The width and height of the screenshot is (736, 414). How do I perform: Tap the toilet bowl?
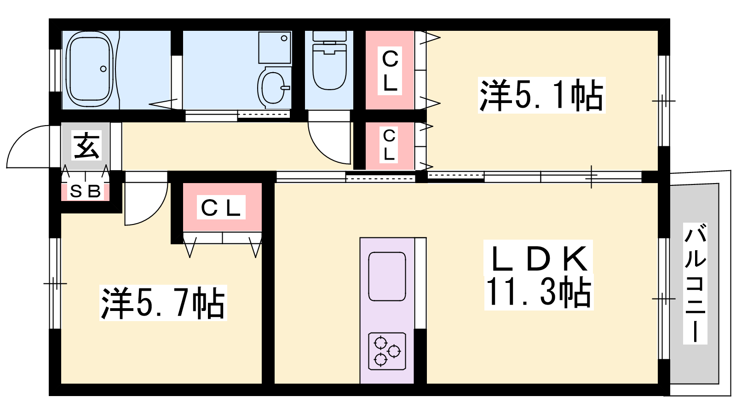point(329,66)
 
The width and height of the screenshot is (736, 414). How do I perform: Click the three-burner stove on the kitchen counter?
point(387,351)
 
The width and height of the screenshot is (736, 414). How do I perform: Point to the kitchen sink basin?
point(387,276)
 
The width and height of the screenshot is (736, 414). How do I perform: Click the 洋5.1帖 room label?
point(541,95)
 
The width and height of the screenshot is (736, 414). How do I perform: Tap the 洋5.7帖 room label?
point(163,303)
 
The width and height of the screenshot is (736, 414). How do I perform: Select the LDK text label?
point(539,259)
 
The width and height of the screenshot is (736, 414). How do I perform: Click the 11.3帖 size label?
point(539,292)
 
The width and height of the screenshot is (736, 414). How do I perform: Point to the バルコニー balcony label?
point(695,283)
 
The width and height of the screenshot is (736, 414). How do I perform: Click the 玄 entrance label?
point(86,145)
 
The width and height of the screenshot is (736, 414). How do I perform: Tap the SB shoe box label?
point(85,191)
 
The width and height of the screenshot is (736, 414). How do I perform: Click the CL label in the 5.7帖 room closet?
point(221,207)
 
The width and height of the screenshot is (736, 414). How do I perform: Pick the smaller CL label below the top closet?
point(389,145)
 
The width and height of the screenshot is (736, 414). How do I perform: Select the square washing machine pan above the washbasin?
point(275,47)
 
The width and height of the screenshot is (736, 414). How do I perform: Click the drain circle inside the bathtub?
point(103,69)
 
